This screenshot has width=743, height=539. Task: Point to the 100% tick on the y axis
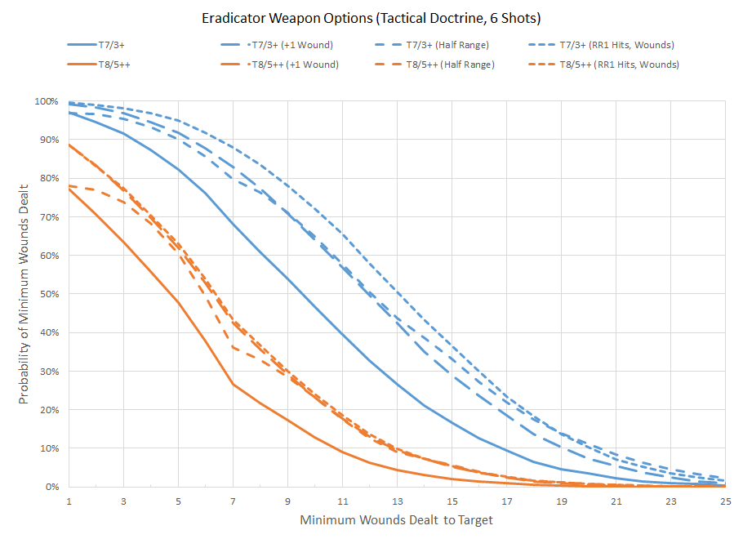46,101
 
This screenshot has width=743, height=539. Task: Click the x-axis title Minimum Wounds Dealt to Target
396,519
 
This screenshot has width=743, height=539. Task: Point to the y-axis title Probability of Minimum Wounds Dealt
24,294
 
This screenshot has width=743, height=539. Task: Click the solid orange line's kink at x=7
233,384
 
